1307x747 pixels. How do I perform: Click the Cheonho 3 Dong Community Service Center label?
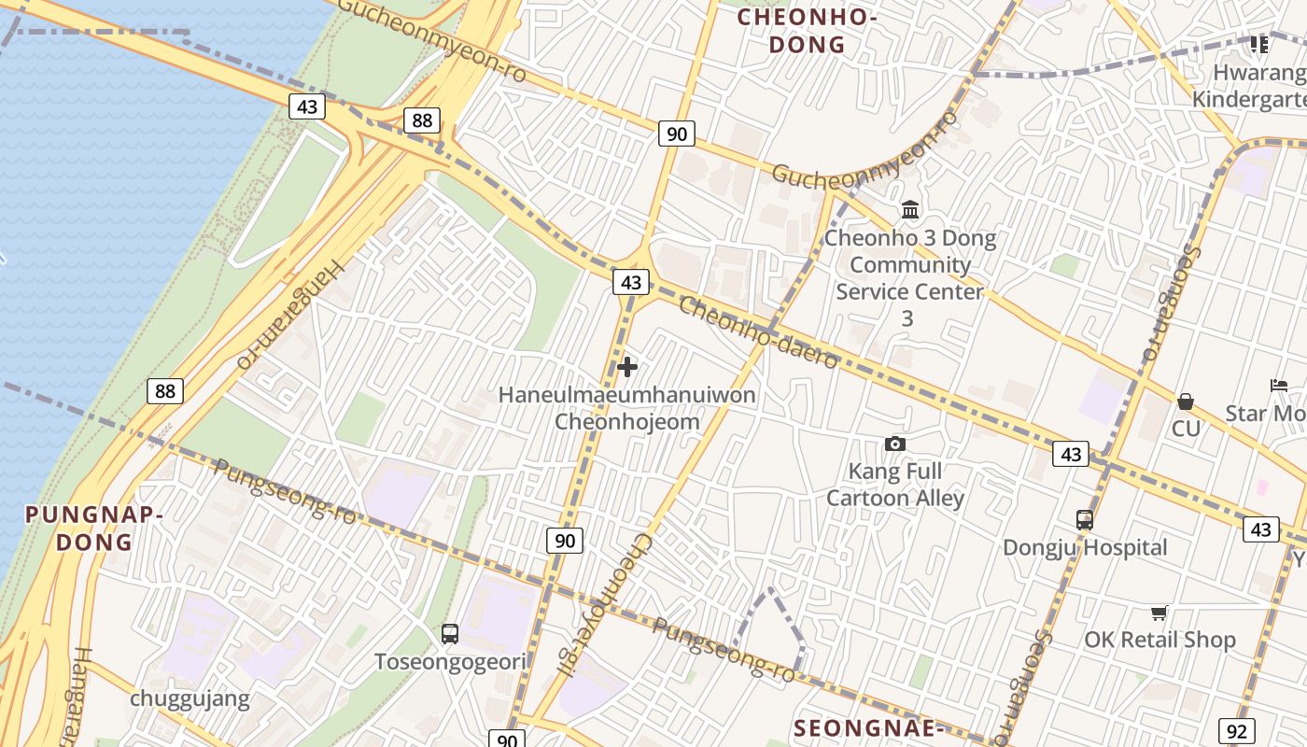(909, 265)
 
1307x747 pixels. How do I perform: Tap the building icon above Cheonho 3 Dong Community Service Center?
(909, 209)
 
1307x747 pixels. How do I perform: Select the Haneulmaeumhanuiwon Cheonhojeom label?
(627, 408)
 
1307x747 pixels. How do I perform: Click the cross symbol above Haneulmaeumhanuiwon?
(627, 367)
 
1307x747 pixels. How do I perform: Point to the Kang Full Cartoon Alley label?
(895, 485)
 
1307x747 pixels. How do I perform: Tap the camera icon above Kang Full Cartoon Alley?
(895, 444)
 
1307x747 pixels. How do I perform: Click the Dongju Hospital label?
(1085, 547)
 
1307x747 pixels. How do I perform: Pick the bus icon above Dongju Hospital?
(1085, 520)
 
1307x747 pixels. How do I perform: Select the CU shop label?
(1186, 429)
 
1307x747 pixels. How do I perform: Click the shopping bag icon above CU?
(1186, 402)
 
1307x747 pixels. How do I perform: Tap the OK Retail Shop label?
(1159, 640)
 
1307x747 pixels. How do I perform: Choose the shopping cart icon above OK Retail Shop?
(1159, 613)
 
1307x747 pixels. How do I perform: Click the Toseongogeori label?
(450, 662)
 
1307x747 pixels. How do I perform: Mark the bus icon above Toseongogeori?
(450, 634)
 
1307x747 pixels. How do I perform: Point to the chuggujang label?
(190, 698)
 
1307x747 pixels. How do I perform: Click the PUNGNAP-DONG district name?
(93, 528)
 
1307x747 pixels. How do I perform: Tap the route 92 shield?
(1236, 731)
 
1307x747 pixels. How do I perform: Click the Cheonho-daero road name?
(758, 332)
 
